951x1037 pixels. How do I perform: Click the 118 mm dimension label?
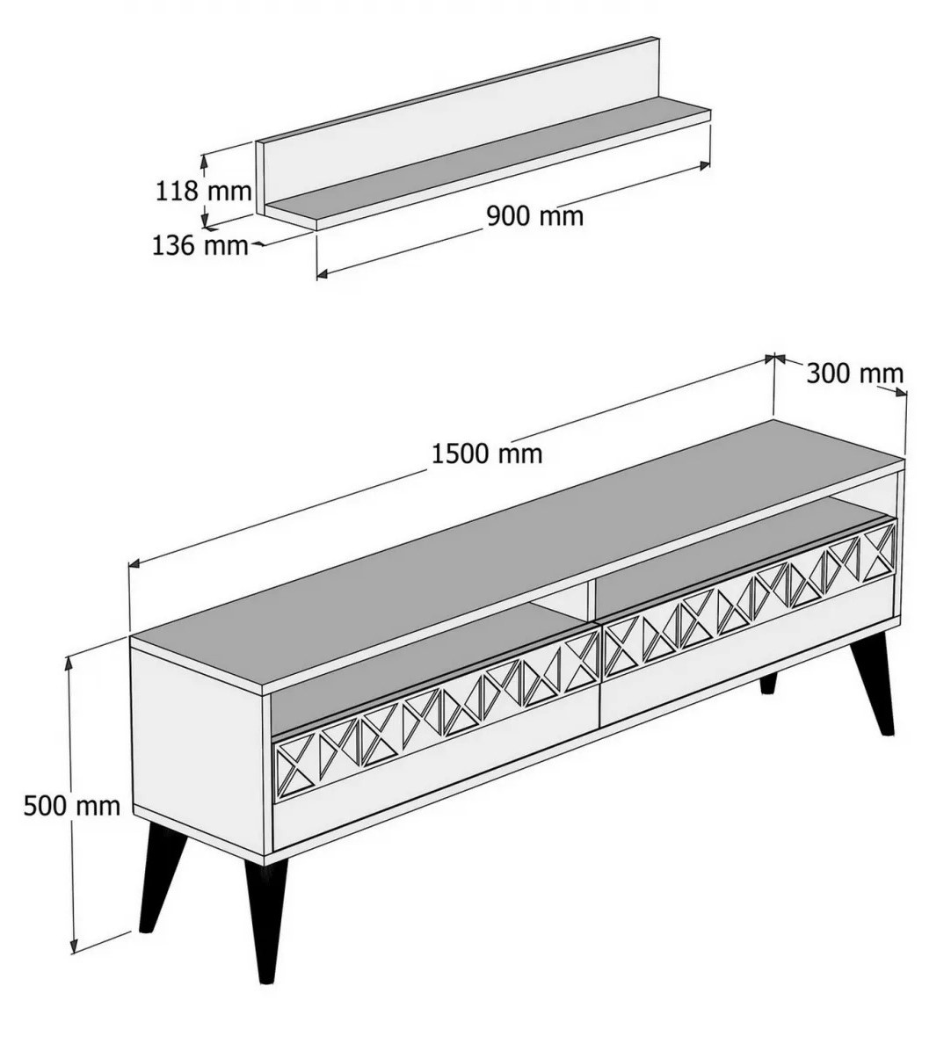tap(204, 191)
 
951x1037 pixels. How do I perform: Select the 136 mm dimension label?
tap(200, 245)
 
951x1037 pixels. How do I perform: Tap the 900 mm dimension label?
tap(535, 215)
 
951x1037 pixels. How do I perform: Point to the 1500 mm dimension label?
tap(487, 453)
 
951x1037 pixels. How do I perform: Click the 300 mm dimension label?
tap(854, 373)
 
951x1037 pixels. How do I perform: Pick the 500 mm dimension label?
tap(72, 806)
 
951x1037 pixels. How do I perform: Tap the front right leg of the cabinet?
tap(873, 684)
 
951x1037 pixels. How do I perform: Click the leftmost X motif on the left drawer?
tap(295, 767)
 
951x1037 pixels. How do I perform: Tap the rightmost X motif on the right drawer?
tap(877, 551)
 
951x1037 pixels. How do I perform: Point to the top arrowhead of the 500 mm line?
tap(69, 664)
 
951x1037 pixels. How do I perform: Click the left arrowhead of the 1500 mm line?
tap(134, 563)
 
